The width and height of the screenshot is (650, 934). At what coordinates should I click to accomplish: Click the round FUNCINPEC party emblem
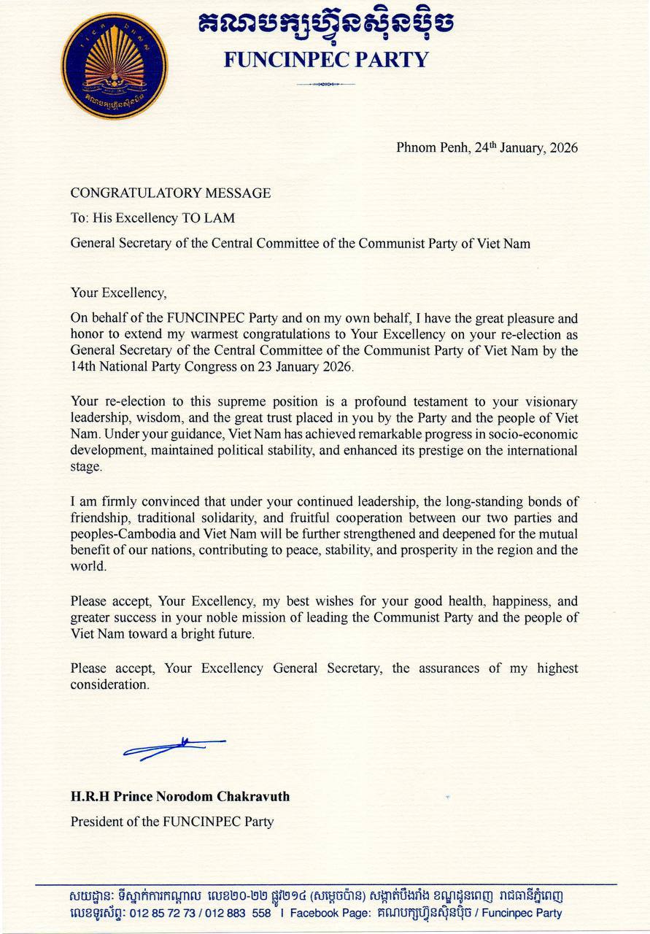click(114, 66)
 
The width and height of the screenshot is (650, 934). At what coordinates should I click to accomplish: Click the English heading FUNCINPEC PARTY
click(325, 59)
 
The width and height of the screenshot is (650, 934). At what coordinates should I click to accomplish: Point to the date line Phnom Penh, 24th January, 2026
click(487, 148)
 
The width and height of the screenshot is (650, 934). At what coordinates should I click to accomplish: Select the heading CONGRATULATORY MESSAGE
click(170, 193)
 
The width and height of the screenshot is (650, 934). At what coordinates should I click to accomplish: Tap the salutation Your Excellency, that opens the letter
click(118, 293)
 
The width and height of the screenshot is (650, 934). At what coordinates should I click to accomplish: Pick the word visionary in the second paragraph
click(546, 402)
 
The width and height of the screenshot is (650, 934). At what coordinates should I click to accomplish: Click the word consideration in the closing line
click(109, 685)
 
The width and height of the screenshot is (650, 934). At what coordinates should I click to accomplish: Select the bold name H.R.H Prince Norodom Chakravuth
click(179, 796)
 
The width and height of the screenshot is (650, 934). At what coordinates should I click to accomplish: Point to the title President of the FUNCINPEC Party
click(171, 822)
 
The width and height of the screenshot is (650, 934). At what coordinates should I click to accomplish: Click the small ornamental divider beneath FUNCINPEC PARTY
click(325, 85)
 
